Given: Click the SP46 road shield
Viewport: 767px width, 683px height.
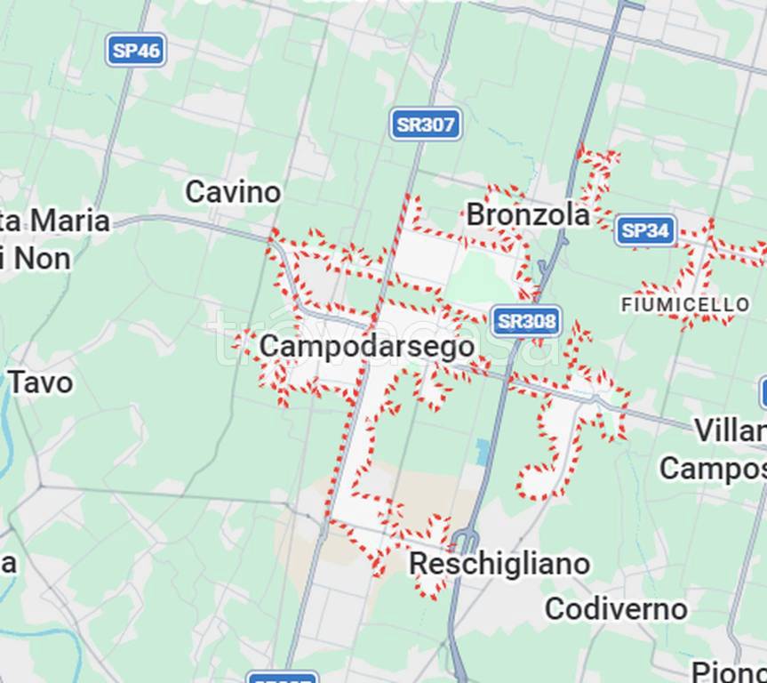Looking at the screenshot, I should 136,50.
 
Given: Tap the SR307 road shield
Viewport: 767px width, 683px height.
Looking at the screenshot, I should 426,125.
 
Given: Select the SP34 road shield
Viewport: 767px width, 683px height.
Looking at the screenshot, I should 645,231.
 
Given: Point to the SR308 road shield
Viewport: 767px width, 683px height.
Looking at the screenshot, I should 526,321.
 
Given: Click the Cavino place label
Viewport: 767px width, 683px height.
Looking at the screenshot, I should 233,191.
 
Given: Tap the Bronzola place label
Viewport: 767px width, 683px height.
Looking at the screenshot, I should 527,214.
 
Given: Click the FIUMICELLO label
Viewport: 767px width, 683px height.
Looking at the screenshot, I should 684,305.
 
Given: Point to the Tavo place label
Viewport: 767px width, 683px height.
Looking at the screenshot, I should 41,383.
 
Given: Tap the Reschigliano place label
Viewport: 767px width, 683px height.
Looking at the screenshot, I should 499,564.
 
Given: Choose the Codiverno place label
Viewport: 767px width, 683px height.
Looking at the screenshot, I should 616,609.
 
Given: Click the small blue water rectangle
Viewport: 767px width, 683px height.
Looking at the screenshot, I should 483,451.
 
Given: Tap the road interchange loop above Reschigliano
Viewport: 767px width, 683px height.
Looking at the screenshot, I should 466,539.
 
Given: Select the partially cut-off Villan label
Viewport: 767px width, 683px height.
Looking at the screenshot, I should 729,431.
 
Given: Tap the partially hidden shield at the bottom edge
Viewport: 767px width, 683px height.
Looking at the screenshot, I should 282,678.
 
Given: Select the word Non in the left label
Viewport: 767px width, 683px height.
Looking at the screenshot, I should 40,259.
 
